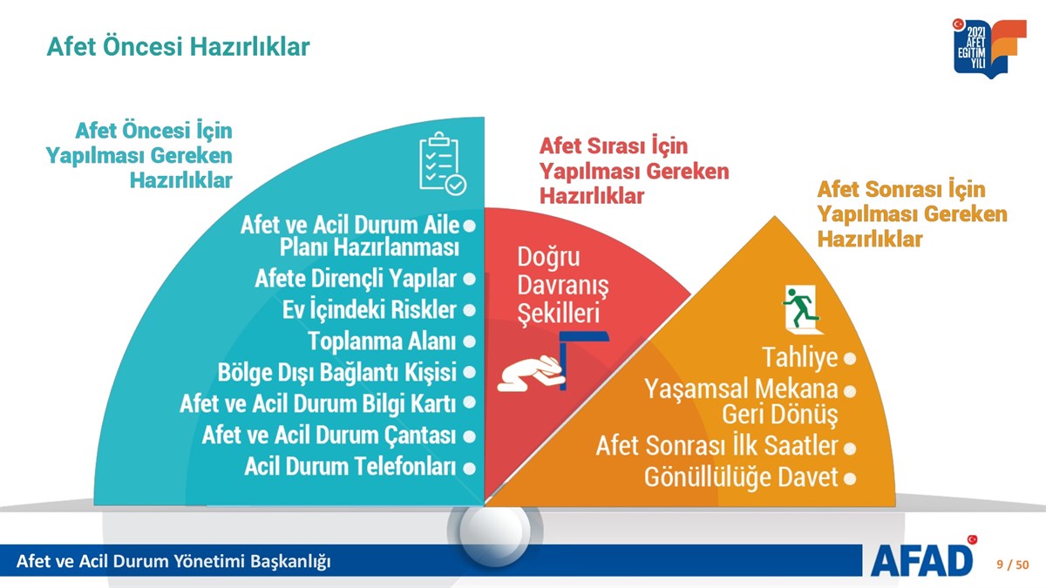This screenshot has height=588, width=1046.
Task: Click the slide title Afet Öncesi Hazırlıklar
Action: pyautogui.click(x=178, y=47)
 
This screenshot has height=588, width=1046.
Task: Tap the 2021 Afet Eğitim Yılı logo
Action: pyautogui.click(x=988, y=48)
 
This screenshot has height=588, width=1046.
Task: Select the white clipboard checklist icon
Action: pyautogui.click(x=442, y=163)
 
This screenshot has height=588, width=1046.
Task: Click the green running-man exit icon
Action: pyautogui.click(x=803, y=309)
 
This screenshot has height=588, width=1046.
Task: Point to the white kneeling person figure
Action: pyautogui.click(x=531, y=374)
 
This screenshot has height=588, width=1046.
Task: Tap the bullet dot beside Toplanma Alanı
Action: pyautogui.click(x=469, y=341)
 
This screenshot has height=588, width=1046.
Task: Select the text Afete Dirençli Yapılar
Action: pyautogui.click(x=356, y=279)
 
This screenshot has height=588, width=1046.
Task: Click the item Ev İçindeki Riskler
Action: pyautogui.click(x=369, y=309)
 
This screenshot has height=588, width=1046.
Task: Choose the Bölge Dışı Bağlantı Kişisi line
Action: pyautogui.click(x=336, y=373)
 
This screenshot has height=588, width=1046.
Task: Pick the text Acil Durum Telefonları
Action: pyautogui.click(x=350, y=466)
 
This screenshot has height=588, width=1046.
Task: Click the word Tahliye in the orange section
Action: pyautogui.click(x=800, y=357)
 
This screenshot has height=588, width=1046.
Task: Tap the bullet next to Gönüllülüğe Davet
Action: pyautogui.click(x=850, y=479)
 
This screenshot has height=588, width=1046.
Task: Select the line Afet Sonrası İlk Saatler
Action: pyautogui.click(x=717, y=446)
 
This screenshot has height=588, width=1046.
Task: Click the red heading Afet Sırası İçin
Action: pyautogui.click(x=614, y=145)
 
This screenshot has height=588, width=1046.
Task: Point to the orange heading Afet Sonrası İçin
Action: pyautogui.click(x=901, y=189)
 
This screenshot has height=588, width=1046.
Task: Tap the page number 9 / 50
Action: pyautogui.click(x=1012, y=564)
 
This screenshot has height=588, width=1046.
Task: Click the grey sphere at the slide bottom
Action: pyautogui.click(x=494, y=532)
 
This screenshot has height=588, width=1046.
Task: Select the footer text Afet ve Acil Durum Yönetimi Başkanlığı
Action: pyautogui.click(x=173, y=561)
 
